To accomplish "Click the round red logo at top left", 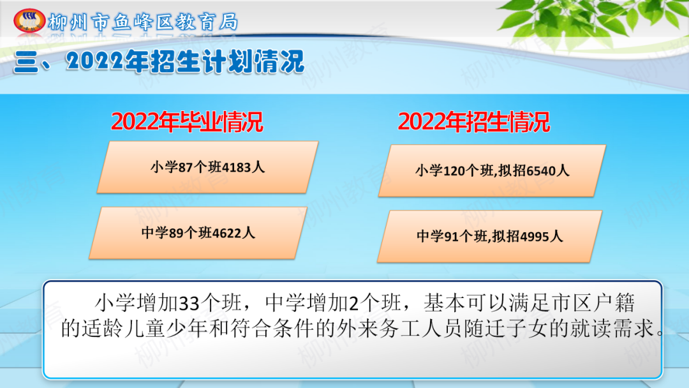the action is coord(29,20).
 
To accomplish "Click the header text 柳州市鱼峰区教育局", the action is coord(144,22).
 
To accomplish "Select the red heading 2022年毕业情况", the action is coord(187,122).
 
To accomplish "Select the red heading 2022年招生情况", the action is coord(473,122).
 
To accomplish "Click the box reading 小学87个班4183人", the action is coord(207,167).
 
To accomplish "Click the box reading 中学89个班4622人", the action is coord(198,233).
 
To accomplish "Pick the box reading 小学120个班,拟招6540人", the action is coord(492,170).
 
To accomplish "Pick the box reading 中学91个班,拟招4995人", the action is coord(489,236).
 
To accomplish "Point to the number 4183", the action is coord(237,167).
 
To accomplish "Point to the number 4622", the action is coord(226,233).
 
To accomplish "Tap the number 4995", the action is coord(535,237).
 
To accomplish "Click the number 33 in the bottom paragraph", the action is coord(190,303).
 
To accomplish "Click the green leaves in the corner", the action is coord(593,20).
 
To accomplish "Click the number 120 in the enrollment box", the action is coord(454,171).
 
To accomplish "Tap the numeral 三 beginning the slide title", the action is coord(26,62).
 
